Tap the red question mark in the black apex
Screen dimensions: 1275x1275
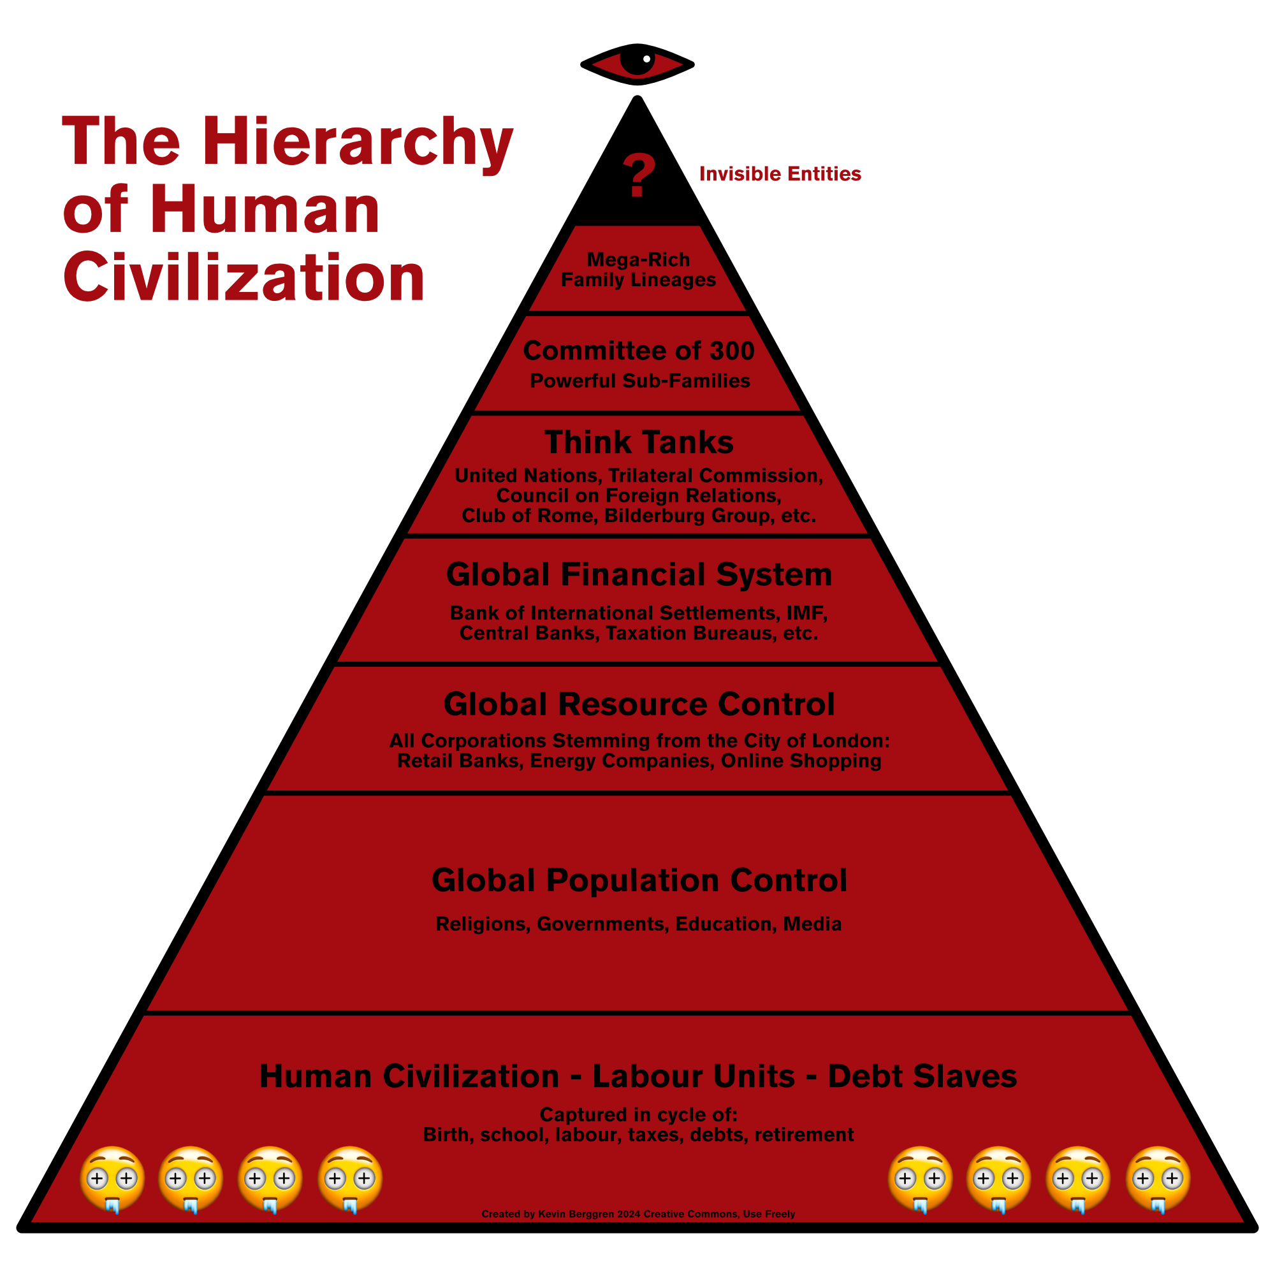[638, 175]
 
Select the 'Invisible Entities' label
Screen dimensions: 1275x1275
[780, 174]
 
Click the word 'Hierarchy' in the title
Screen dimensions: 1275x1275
[358, 143]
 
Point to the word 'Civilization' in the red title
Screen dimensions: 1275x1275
[244, 278]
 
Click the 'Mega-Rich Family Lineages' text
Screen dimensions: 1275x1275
[638, 270]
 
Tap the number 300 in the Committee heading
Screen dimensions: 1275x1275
[732, 351]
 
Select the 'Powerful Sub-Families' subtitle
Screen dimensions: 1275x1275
[639, 381]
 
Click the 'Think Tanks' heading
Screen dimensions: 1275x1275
[639, 442]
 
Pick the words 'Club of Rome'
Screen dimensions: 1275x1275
[527, 515]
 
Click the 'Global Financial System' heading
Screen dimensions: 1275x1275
[639, 574]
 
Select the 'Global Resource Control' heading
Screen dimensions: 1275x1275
[639, 704]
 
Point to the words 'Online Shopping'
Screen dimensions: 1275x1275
[801, 761]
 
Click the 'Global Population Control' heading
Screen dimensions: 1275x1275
[639, 880]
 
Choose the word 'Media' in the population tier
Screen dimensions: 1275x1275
[812, 924]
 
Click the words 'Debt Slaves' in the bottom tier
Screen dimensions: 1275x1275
[922, 1076]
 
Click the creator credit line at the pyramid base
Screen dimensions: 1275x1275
[638, 1214]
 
